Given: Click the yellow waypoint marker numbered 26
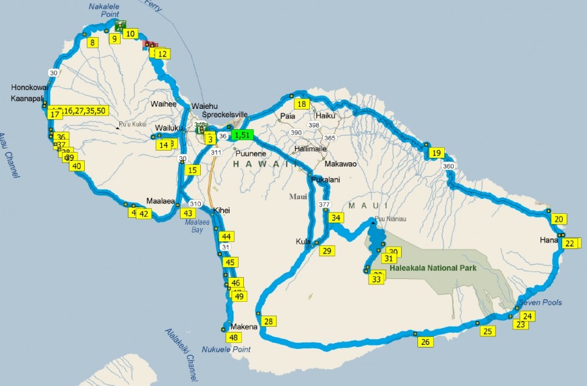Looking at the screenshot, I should coord(425,342).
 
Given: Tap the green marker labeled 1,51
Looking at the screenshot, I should coord(243,135).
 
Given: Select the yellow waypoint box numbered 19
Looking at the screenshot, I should coord(436,154).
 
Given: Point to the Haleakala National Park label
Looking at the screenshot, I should coord(432,267).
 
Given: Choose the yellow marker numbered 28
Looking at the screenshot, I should coord(268,321).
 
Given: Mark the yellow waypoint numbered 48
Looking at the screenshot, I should coord(233,337).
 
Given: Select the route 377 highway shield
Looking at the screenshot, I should coord(324,205).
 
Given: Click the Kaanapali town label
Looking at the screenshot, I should coord(26,98).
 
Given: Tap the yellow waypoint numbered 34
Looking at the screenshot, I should coord(335,218).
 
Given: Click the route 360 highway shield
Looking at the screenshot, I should coord(448,167).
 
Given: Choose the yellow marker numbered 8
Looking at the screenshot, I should coord(93,43).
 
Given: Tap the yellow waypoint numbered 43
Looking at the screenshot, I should coord(188,213).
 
